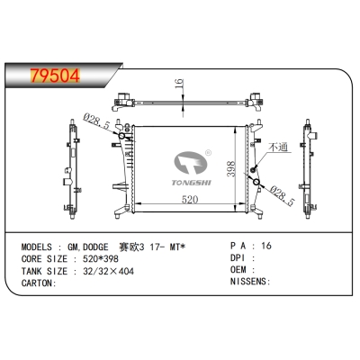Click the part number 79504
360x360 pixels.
pos(42,74)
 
